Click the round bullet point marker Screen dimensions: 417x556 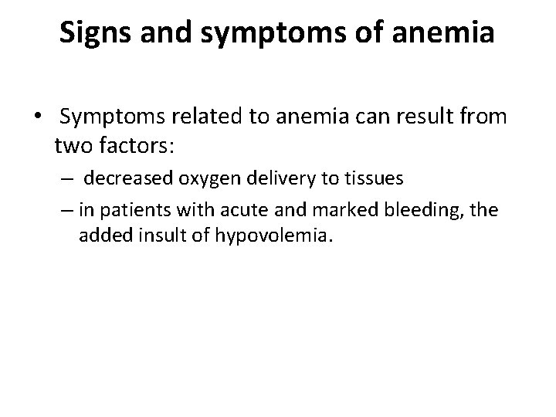pyautogui.click(x=36, y=117)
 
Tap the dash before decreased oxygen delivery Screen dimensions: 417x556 pyautogui.click(x=69, y=179)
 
